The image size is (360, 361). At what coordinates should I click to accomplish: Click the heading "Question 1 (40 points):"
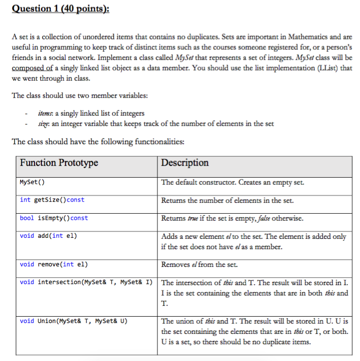[61, 9]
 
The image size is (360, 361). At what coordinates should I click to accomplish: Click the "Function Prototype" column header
[59, 163]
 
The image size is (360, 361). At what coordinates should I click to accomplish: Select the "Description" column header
[185, 163]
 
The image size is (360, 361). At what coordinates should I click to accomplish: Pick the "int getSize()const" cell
[52, 200]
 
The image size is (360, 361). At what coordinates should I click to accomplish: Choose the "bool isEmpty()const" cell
[54, 218]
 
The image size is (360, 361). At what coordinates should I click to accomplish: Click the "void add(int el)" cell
[48, 236]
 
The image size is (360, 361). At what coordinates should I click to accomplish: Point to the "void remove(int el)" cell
[54, 264]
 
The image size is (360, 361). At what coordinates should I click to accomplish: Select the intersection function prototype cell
[85, 282]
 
